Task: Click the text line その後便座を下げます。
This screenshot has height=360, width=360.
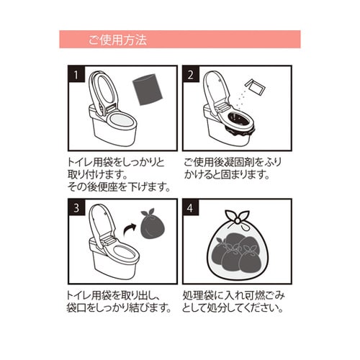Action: pyautogui.click(x=120, y=188)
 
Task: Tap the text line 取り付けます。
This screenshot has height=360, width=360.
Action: pyautogui.click(x=100, y=175)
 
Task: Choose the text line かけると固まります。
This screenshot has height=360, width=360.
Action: pyautogui.click(x=227, y=175)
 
